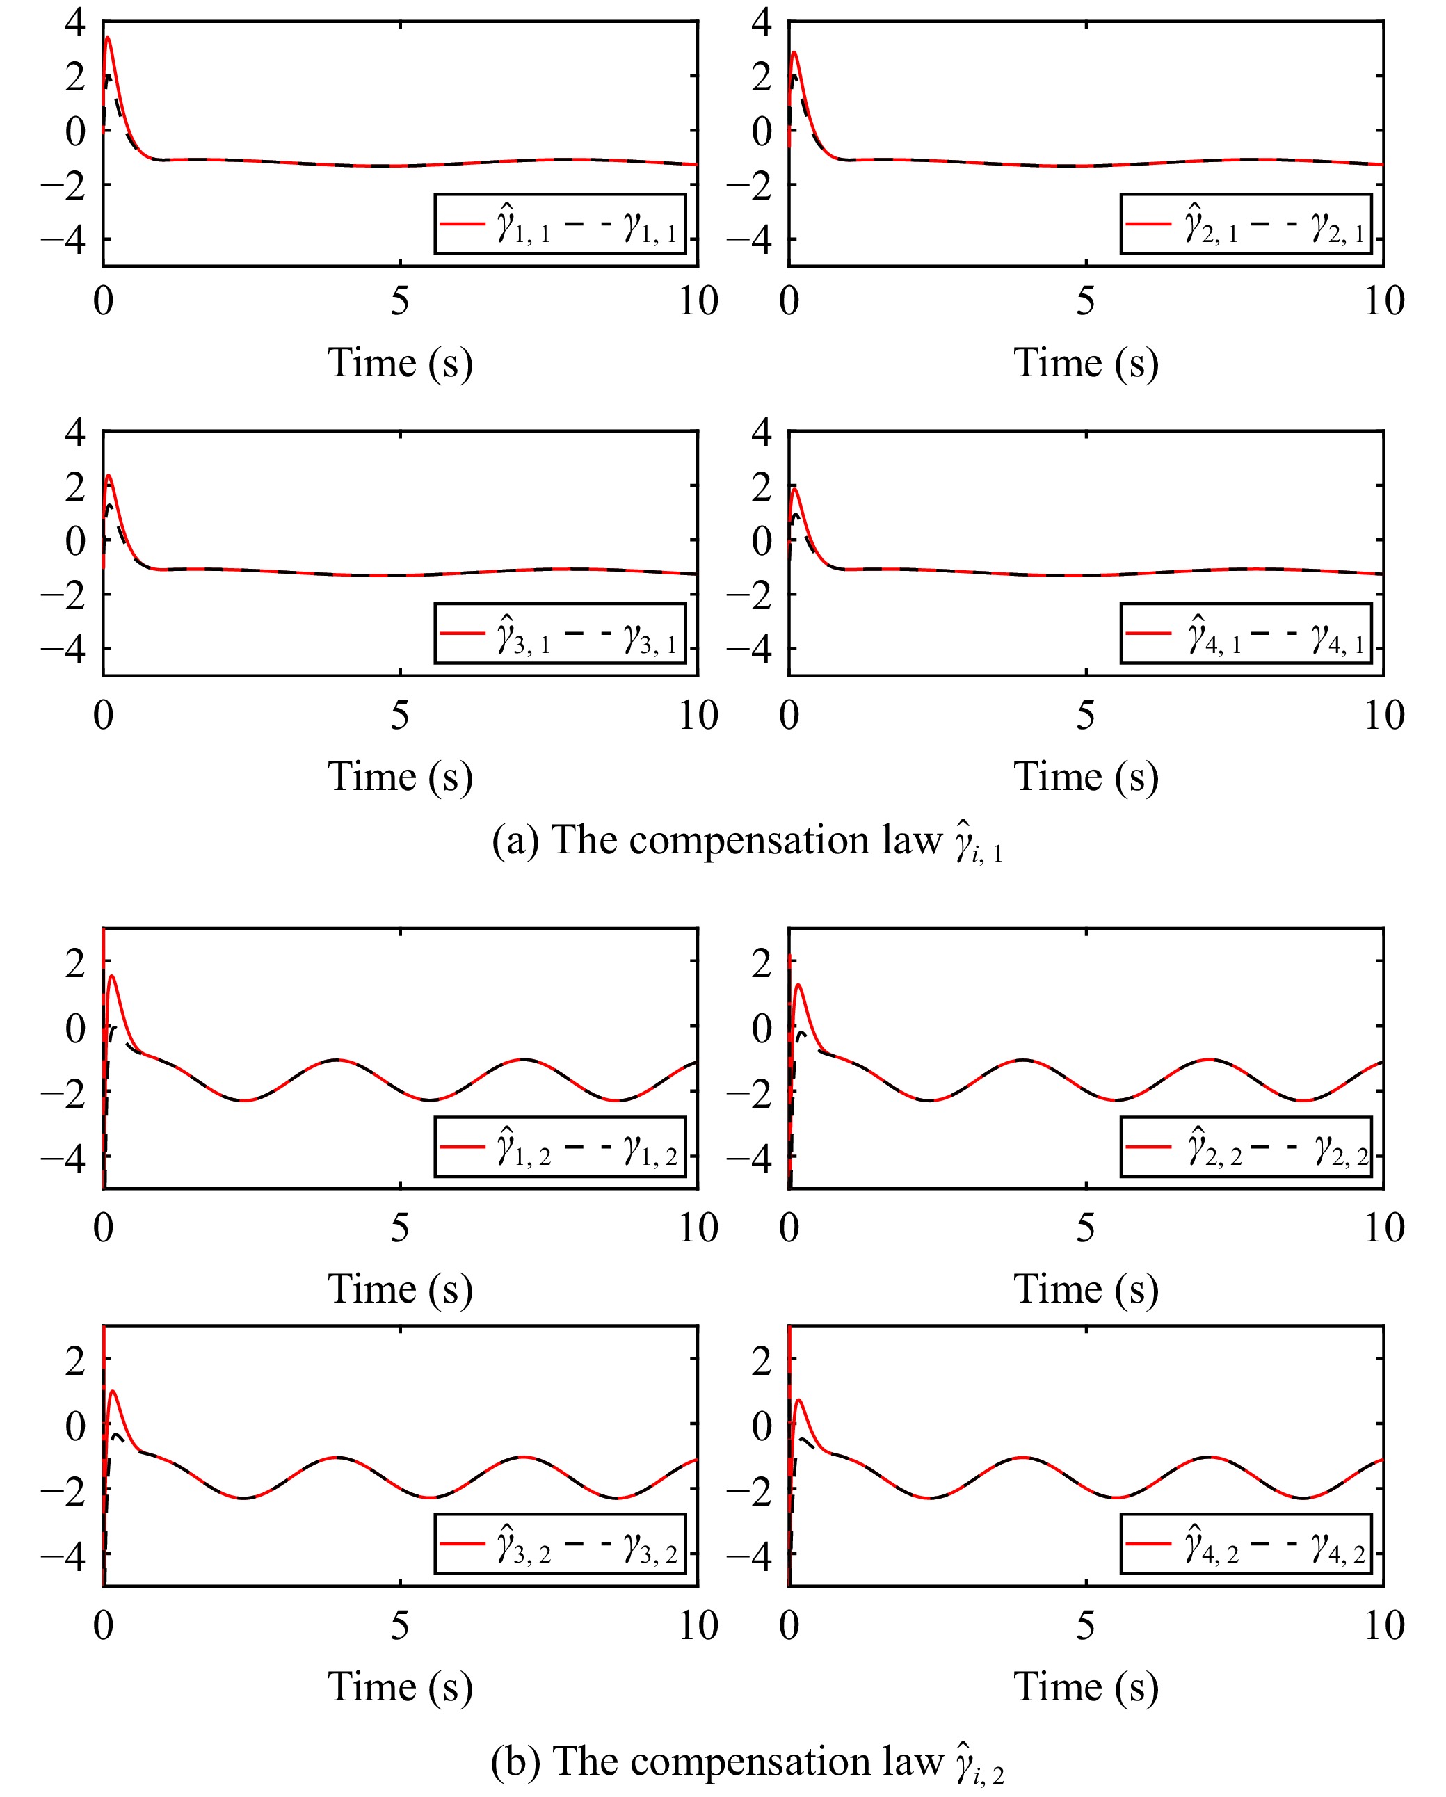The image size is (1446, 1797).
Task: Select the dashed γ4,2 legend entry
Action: tap(1338, 1545)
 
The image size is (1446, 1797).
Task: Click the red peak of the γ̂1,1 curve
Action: tap(108, 38)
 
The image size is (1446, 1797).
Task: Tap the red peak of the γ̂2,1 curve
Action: tap(794, 53)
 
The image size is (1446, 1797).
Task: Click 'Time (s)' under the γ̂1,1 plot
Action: tap(400, 364)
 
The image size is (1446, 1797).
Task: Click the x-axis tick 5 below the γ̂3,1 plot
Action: tap(400, 715)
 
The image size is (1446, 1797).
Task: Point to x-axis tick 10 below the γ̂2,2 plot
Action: tap(1383, 1227)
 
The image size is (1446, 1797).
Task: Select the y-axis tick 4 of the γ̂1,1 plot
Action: tap(75, 22)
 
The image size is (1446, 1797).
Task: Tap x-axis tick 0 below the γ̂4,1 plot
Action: tap(789, 715)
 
